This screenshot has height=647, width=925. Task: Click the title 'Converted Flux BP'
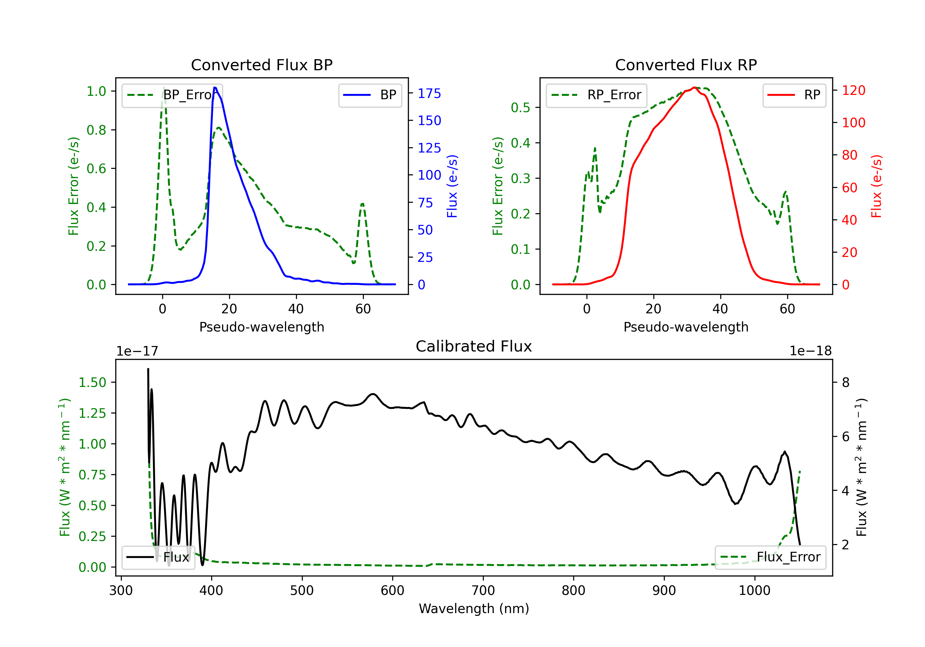click(x=262, y=65)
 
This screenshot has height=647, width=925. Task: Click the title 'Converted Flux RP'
click(x=686, y=65)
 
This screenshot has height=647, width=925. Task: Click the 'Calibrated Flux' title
click(x=474, y=346)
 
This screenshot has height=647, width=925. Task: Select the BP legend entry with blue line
click(x=370, y=95)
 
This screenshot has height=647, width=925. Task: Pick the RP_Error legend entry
click(x=596, y=95)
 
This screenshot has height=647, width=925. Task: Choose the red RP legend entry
click(x=794, y=95)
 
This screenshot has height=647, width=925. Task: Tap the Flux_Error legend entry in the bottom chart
click(x=770, y=557)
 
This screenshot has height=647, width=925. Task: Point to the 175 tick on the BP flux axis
click(x=430, y=93)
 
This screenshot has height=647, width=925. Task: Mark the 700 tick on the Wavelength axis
click(x=483, y=591)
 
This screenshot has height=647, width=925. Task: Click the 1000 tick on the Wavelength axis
click(x=754, y=591)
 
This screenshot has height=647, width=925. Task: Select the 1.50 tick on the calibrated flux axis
click(x=92, y=382)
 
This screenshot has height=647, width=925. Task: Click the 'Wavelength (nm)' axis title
click(x=474, y=608)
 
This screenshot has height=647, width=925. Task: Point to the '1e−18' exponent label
click(x=811, y=351)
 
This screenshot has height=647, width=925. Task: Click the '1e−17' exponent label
click(x=138, y=351)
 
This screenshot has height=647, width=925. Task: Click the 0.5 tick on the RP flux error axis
click(x=520, y=108)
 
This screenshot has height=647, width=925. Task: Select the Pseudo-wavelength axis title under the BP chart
click(x=262, y=327)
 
